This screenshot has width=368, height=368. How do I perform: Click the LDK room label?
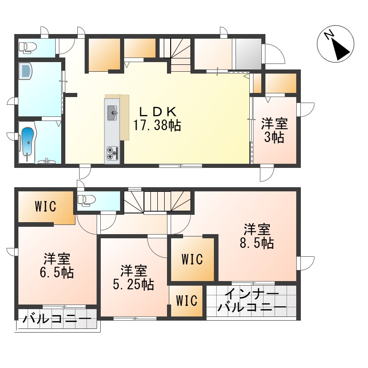point(157,111)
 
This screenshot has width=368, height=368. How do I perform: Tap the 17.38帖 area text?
point(157,125)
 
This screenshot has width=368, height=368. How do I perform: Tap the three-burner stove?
point(112,153)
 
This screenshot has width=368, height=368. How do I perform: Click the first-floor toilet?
point(28,47)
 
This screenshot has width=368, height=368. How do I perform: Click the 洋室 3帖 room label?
point(274,131)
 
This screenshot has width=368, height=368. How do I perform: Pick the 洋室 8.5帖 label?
point(257,236)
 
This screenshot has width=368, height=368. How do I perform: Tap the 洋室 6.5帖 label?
point(57,265)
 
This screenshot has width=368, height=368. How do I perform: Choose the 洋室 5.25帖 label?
point(133,277)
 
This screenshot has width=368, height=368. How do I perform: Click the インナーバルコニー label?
point(252,301)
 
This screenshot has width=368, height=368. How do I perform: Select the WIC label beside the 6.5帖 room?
point(46,206)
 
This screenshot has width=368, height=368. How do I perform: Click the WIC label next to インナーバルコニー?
point(187,301)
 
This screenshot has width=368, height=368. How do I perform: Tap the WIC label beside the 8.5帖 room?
point(192,259)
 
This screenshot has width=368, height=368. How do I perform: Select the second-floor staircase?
point(157,202)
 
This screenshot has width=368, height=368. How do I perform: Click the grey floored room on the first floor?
point(248,54)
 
